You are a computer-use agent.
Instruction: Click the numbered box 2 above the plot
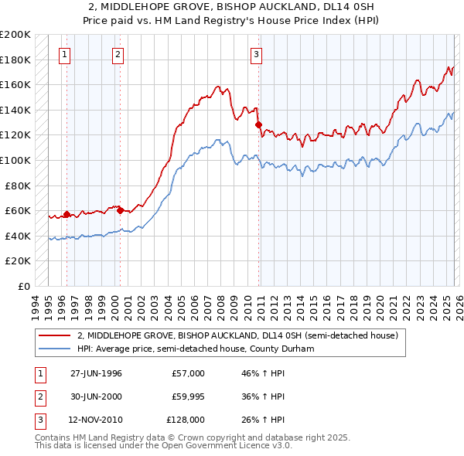point(118,54)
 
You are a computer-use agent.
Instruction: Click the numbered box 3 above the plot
point(256,54)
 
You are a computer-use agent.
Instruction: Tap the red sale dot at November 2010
point(259,124)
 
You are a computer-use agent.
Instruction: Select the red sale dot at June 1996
point(67,214)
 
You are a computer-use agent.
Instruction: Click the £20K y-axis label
point(18,261)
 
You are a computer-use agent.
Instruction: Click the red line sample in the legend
point(54,336)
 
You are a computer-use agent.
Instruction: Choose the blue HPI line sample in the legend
point(54,349)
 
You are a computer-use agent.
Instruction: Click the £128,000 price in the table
point(186,420)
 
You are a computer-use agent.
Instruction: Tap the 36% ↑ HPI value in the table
point(263,396)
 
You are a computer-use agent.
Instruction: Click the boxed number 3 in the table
point(39,420)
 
